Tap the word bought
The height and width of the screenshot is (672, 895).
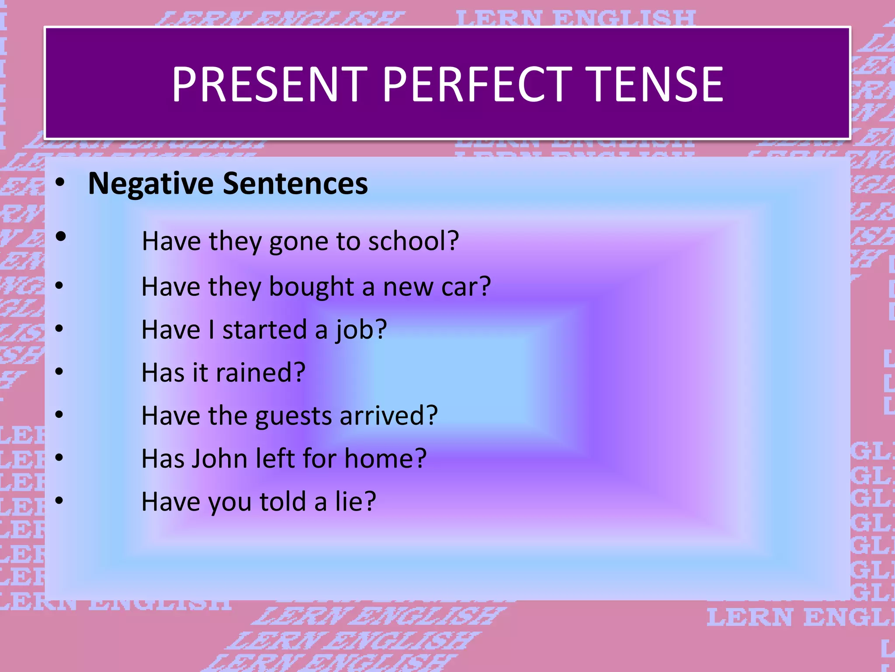coord(311,287)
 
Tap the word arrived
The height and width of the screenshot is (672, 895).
coord(382,416)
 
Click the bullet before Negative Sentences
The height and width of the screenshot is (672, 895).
coord(60,182)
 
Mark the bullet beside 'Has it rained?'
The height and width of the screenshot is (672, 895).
coord(59,372)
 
